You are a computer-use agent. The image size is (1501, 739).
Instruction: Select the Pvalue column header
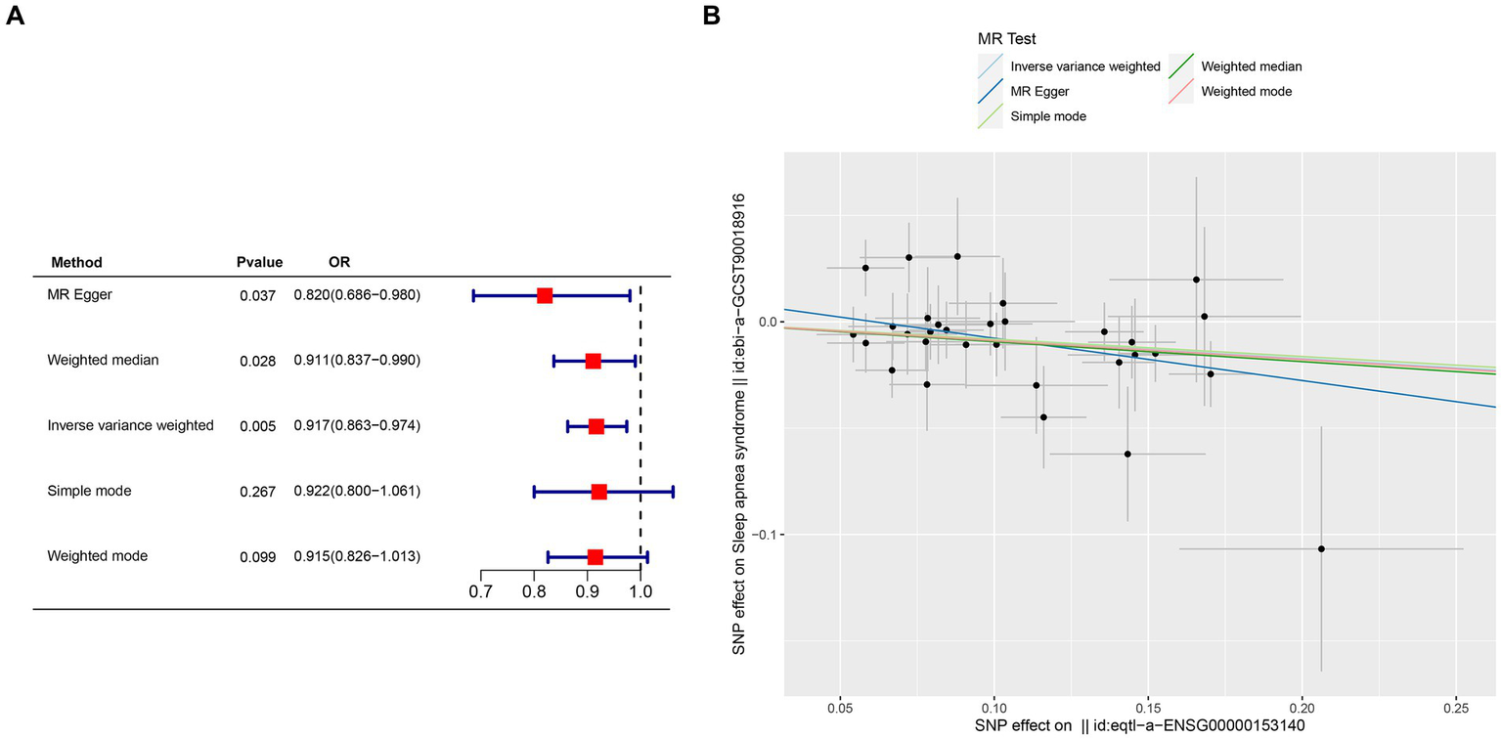[259, 262]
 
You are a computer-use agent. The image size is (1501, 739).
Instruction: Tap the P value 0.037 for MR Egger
[258, 295]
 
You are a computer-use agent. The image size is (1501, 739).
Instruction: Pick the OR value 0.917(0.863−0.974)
[357, 426]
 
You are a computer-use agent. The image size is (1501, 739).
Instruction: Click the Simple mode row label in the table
[89, 491]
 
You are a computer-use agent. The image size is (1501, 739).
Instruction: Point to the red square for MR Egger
[545, 295]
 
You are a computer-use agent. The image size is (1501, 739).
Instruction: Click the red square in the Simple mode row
[598, 492]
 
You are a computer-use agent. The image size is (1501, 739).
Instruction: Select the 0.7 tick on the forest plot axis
[480, 592]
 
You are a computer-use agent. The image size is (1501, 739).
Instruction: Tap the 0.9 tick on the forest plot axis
[587, 592]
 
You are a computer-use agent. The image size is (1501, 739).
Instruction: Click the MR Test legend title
[1007, 40]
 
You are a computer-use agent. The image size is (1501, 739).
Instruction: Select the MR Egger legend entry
[1039, 91]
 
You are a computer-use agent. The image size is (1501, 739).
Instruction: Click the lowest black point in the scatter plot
[1321, 548]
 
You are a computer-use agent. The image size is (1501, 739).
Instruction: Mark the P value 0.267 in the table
[258, 492]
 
